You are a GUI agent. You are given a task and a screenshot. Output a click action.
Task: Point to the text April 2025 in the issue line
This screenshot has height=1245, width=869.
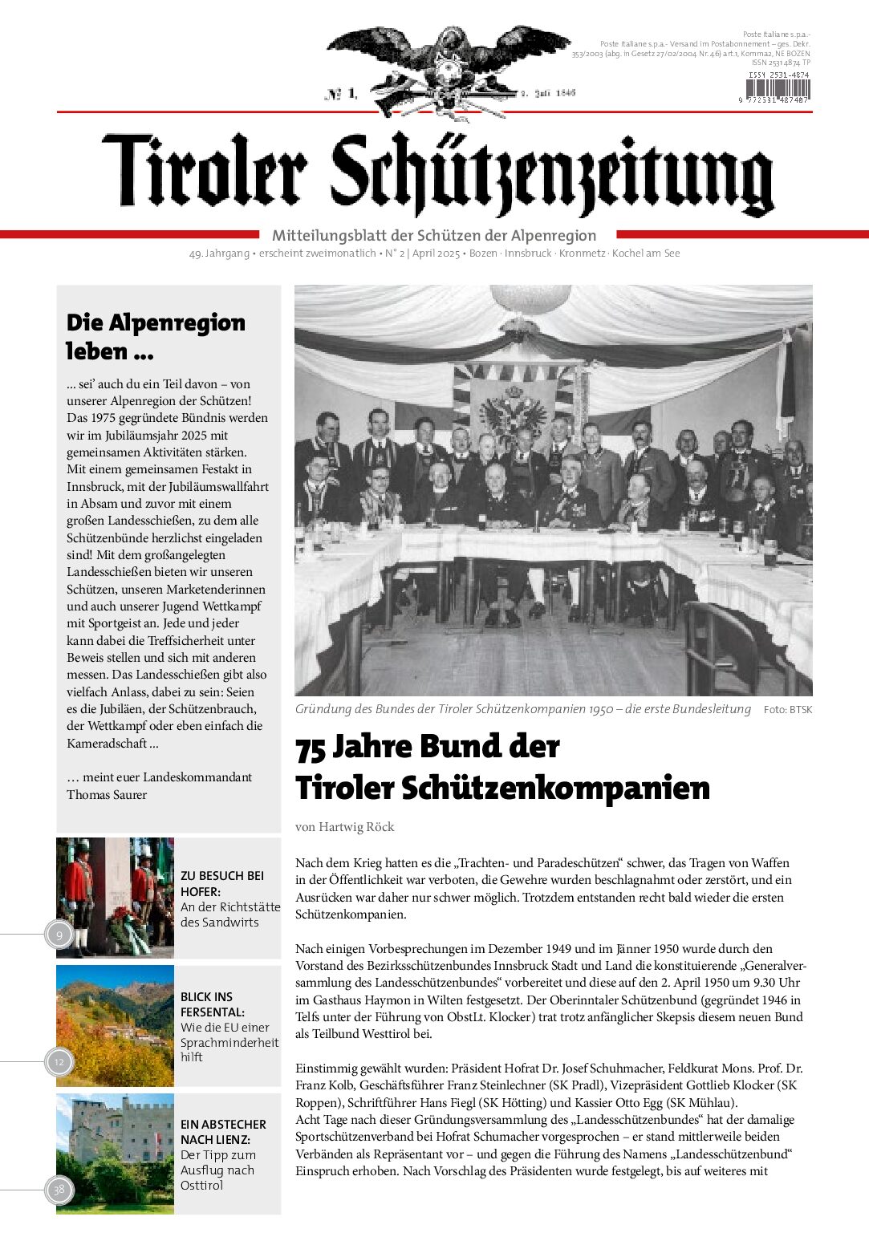(x=436, y=253)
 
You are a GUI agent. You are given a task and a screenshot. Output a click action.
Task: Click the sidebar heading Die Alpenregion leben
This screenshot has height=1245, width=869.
(x=156, y=337)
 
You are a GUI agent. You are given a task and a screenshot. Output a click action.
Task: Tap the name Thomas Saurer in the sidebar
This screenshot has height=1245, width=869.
(x=107, y=795)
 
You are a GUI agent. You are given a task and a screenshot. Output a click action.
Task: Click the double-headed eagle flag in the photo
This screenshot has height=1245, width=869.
(x=513, y=408)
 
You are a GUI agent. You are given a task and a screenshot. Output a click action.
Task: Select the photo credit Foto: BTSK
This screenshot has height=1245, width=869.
(x=788, y=710)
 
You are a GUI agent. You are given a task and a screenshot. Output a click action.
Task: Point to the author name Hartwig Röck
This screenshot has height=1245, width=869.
(x=356, y=827)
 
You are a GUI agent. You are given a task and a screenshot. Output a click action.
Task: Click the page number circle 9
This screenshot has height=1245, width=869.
(x=59, y=935)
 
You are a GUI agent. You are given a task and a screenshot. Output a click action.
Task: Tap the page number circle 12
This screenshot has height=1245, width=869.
(x=59, y=1062)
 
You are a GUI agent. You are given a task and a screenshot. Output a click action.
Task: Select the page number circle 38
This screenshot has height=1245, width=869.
(x=59, y=1190)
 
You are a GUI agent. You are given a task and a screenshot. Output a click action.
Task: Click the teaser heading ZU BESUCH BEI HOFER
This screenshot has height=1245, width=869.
(x=222, y=883)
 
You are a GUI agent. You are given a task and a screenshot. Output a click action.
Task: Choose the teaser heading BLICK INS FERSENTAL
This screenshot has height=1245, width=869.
(x=213, y=1004)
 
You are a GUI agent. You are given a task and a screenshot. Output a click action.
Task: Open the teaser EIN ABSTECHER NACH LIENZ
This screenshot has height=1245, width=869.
(x=223, y=1132)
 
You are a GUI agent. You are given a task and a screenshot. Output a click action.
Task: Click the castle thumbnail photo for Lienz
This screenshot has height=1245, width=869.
(x=115, y=1154)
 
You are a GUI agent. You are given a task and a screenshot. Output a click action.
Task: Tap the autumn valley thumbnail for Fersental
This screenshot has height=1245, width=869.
(x=115, y=1026)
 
